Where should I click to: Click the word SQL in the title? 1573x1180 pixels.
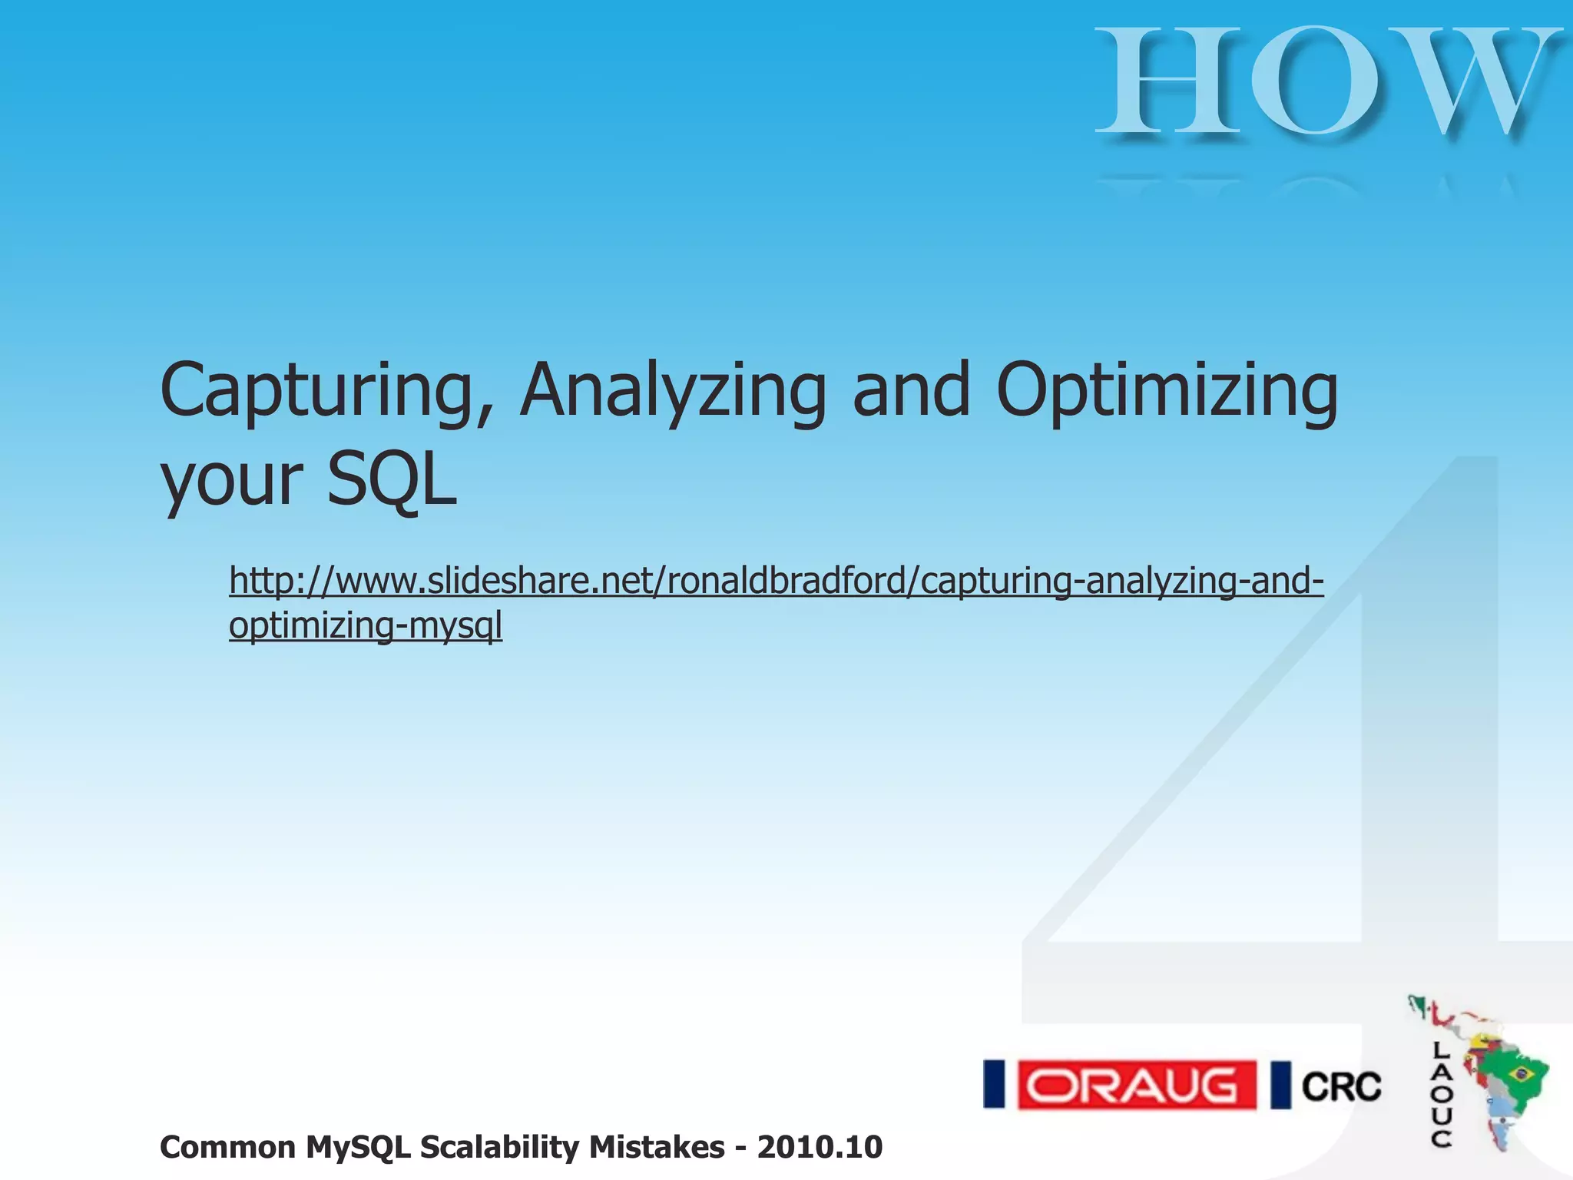click(392, 480)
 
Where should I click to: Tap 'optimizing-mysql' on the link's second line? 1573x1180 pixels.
click(366, 625)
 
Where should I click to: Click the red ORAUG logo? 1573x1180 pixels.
click(1137, 1085)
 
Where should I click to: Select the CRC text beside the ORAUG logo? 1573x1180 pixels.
click(1341, 1086)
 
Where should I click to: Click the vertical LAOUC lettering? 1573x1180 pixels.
click(1442, 1095)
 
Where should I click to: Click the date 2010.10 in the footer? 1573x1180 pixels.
click(820, 1148)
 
